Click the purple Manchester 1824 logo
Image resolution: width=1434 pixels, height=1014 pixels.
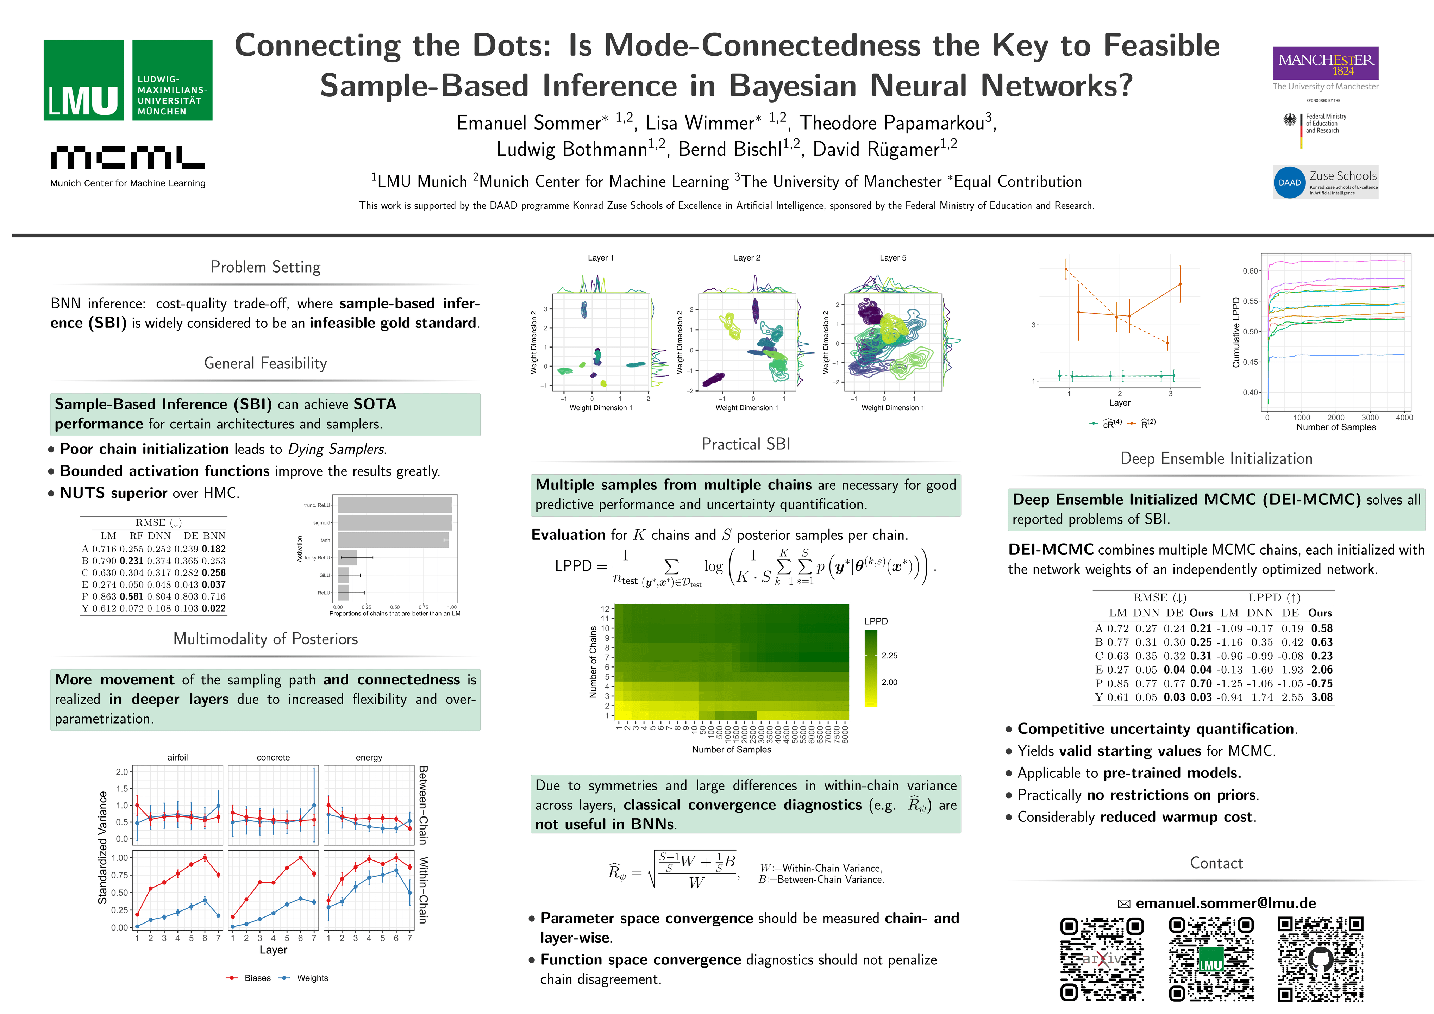click(x=1325, y=63)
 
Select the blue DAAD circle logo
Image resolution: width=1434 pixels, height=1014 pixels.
click(x=1289, y=182)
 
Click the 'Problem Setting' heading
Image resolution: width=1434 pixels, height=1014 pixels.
click(x=265, y=267)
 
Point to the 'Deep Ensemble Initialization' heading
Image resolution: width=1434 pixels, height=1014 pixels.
click(x=1216, y=458)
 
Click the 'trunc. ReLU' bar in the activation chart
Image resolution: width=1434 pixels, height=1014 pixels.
click(x=395, y=505)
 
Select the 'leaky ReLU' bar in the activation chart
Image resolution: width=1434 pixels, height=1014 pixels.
click(x=347, y=557)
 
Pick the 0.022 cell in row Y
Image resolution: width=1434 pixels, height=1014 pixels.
click(x=214, y=608)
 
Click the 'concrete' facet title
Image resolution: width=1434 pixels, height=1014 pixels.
click(x=273, y=757)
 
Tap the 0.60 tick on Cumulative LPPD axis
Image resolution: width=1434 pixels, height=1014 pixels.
click(x=1250, y=270)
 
